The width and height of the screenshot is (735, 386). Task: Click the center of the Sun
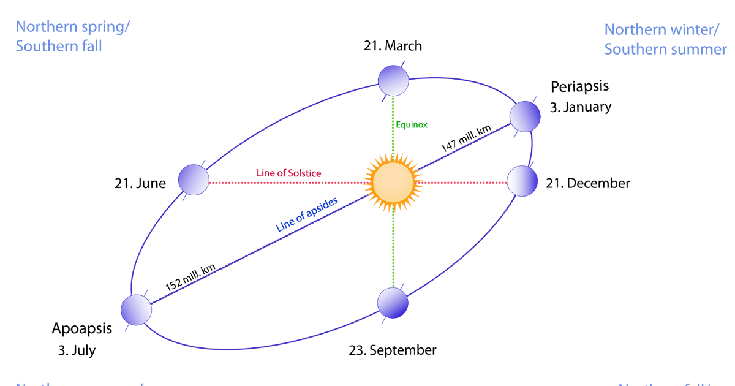(393, 183)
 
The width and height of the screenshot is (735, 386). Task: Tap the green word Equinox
(412, 125)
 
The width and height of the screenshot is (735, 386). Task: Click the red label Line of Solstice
(289, 173)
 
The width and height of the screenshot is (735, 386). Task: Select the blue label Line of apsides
(307, 214)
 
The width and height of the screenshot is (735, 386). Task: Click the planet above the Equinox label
(393, 81)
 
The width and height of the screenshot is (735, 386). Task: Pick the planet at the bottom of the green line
(393, 303)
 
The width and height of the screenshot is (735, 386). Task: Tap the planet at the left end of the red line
(194, 180)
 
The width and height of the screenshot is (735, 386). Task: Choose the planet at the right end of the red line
(522, 181)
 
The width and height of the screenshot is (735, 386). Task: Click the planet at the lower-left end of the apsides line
(137, 309)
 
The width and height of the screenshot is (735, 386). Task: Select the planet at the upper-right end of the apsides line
(525, 116)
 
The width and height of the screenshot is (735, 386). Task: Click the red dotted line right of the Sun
(466, 182)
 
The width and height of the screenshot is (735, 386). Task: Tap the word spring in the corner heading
(107, 27)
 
